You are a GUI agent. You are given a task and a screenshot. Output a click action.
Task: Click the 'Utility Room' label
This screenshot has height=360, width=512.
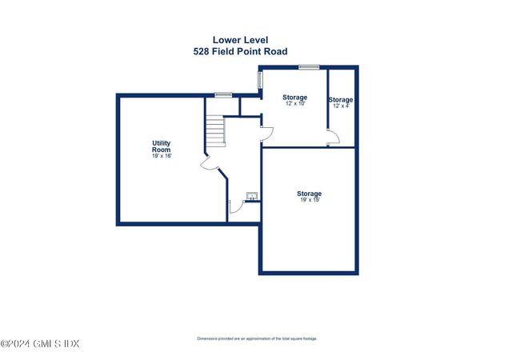pos(161,146)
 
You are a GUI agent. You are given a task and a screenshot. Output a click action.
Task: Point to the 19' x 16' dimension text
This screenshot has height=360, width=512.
pos(161,156)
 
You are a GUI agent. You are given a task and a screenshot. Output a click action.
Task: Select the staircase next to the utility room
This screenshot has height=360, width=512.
pos(215,130)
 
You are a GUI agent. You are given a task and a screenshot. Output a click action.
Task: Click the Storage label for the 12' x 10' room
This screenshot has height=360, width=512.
pos(294,98)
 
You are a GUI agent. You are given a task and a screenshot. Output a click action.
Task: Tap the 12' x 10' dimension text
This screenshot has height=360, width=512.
pos(294,104)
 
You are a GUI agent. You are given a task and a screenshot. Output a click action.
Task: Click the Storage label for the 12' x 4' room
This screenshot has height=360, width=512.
pos(341,100)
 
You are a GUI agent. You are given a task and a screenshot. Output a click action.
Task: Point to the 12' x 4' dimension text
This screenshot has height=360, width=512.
pos(341,106)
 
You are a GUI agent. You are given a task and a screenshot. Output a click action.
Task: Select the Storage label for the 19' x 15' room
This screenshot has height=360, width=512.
pos(310,194)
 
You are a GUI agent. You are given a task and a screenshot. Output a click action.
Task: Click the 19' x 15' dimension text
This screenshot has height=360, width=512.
pos(310,200)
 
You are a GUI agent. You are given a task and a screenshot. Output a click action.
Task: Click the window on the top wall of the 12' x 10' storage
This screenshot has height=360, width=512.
pos(309,67)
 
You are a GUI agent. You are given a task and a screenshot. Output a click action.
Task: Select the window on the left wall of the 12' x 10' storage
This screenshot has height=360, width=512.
pos(258,81)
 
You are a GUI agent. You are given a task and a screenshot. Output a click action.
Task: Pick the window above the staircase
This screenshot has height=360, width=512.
pos(223,95)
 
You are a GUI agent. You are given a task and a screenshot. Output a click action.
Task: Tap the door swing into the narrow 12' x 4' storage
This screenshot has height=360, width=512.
pos(334,138)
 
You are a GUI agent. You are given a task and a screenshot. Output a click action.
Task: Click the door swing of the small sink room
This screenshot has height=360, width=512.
pos(234,207)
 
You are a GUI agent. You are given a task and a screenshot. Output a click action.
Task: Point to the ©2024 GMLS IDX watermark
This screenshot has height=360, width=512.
pos(40,344)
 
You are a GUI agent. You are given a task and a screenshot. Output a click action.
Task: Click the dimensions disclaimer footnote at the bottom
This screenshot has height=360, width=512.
pos(257,338)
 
